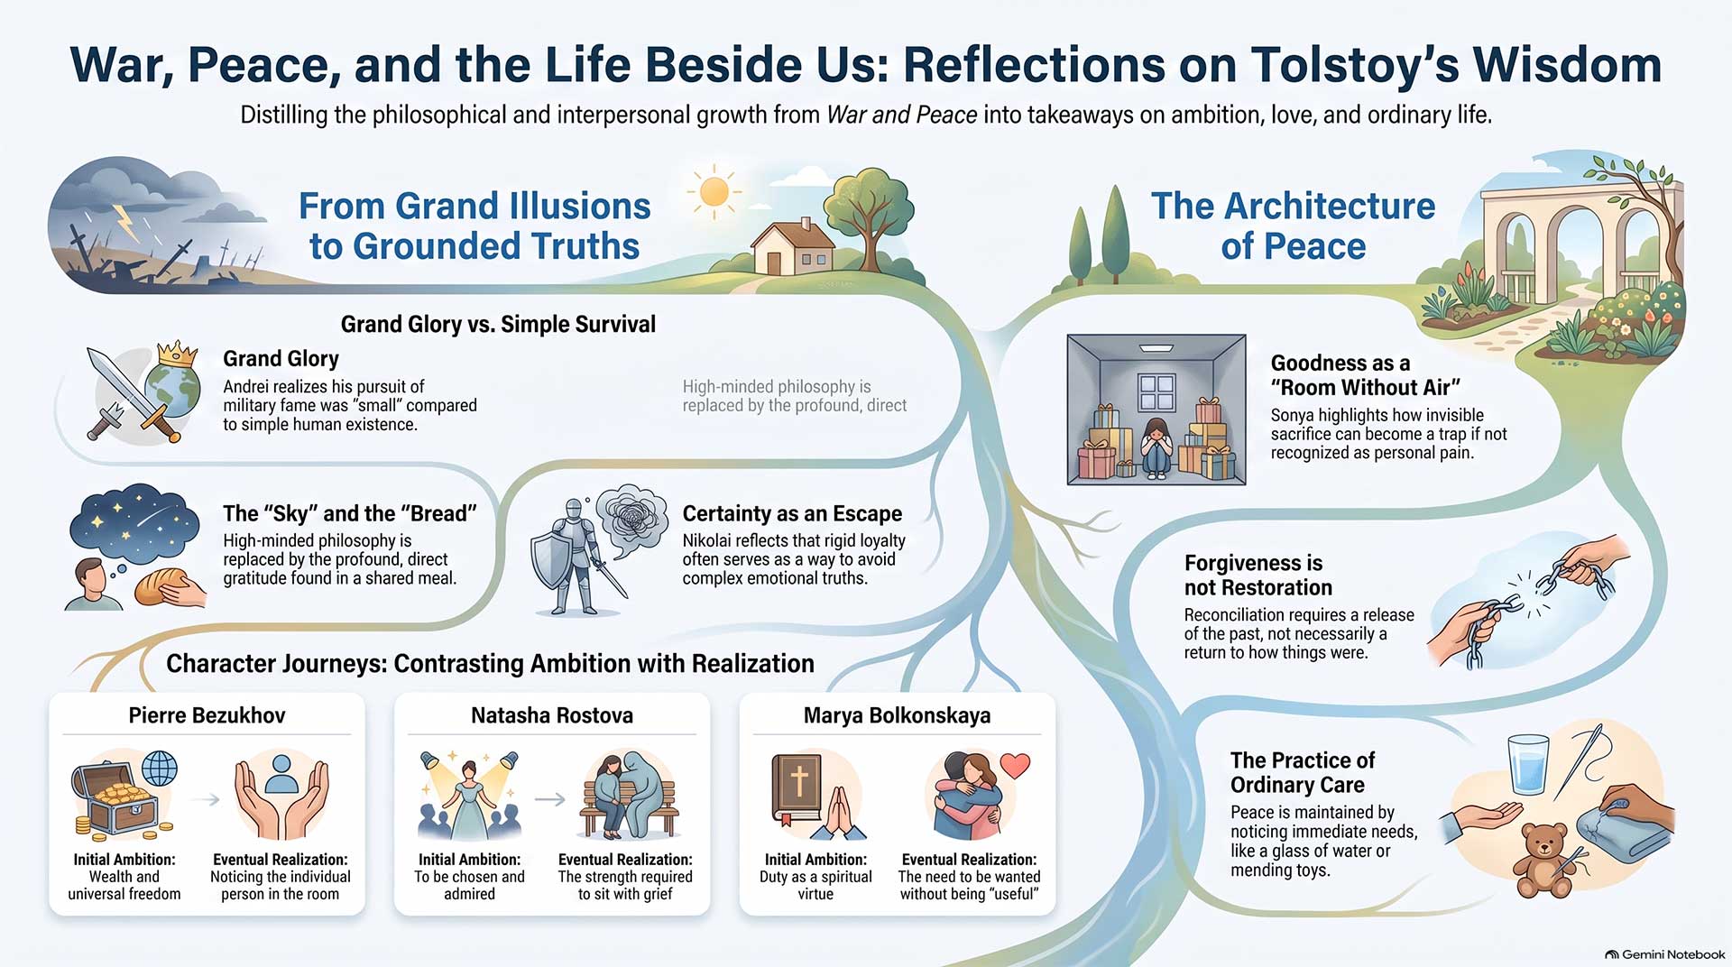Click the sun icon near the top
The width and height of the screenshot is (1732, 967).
pyautogui.click(x=714, y=191)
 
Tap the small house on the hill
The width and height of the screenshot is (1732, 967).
pyautogui.click(x=795, y=248)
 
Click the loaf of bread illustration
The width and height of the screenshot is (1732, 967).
pyautogui.click(x=159, y=587)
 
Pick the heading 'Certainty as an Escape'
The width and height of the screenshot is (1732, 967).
pyautogui.click(x=792, y=513)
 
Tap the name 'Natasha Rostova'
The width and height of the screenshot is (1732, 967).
pyautogui.click(x=552, y=715)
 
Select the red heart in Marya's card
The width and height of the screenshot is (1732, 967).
pyautogui.click(x=1016, y=765)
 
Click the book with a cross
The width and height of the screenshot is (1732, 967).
pyautogui.click(x=797, y=788)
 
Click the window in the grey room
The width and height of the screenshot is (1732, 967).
pyautogui.click(x=1156, y=393)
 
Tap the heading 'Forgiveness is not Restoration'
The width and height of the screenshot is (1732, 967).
pyautogui.click(x=1258, y=576)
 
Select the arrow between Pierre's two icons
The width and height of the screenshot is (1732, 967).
pyautogui.click(x=207, y=799)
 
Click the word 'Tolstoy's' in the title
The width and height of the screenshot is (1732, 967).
pyautogui.click(x=1353, y=65)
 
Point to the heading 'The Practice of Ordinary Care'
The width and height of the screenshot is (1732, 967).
pyautogui.click(x=1303, y=772)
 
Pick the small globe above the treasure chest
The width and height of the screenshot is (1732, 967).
pyautogui.click(x=160, y=769)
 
